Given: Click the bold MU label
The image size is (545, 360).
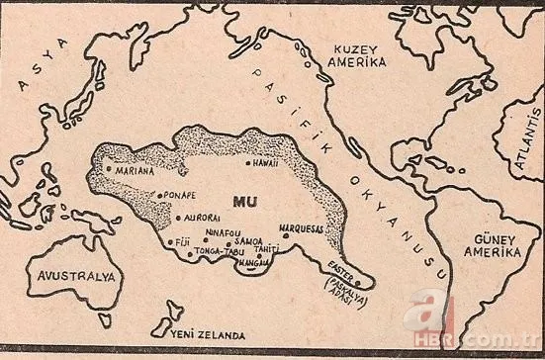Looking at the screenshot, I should [x=245, y=201].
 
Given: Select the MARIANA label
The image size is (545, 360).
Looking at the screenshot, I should [x=136, y=169].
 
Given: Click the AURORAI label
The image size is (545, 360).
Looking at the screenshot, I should [x=202, y=217].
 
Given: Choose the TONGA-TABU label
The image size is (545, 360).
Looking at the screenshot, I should [x=215, y=250].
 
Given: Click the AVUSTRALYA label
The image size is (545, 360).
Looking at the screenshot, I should [x=73, y=276].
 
